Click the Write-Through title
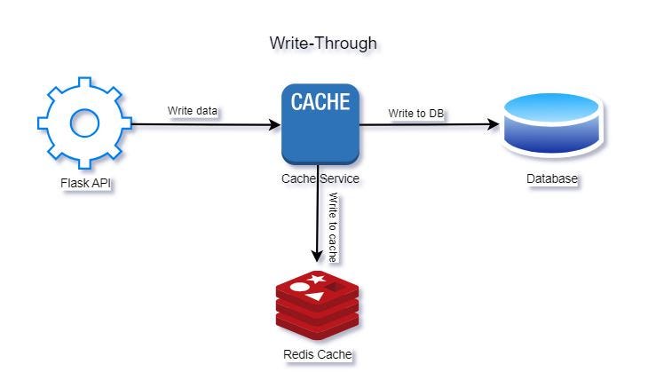click(x=323, y=43)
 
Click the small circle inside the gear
click(x=84, y=123)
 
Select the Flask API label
click(x=85, y=183)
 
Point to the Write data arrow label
click(x=192, y=111)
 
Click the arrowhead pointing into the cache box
click(x=275, y=124)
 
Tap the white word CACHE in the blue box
click(x=320, y=101)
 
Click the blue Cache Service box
click(x=320, y=124)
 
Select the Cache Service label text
click(x=320, y=178)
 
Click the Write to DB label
click(x=416, y=114)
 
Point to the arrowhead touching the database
click(x=494, y=124)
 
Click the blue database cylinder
click(x=552, y=123)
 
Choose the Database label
click(x=552, y=178)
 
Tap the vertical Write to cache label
click(x=333, y=226)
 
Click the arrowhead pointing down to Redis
click(x=317, y=257)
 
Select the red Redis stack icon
click(x=318, y=305)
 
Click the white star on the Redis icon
click(x=317, y=280)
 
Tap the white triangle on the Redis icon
click(x=317, y=297)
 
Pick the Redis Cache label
click(x=318, y=354)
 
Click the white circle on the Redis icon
click(x=300, y=287)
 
